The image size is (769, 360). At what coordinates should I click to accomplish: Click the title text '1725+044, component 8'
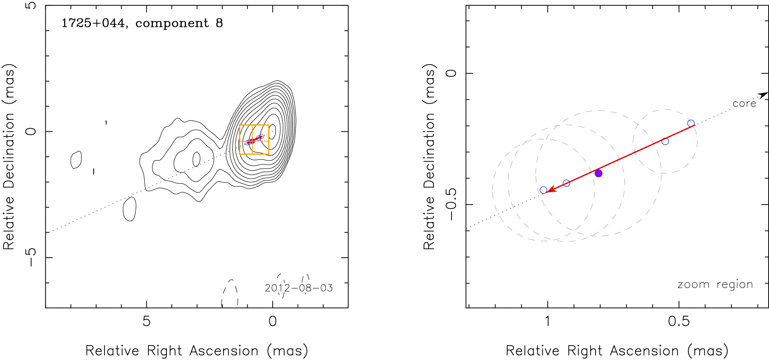tap(142, 23)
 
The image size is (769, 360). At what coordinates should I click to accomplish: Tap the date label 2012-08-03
tap(299, 288)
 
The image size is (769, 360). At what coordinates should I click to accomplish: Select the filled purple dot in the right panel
tap(598, 173)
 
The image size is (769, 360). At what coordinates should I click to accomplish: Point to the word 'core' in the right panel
tap(744, 104)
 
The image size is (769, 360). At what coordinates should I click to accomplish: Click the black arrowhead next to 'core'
tap(763, 94)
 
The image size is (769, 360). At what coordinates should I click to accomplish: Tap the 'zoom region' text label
tap(715, 284)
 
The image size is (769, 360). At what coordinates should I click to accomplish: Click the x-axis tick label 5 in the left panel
tap(146, 321)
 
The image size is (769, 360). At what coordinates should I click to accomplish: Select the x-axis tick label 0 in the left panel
tap(272, 321)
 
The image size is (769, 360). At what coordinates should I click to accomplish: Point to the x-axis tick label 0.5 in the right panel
tap(679, 321)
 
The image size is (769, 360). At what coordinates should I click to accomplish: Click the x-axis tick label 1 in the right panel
tap(547, 321)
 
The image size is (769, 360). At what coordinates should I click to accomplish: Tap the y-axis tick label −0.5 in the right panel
tap(451, 205)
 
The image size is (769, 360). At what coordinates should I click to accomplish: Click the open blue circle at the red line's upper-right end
tap(691, 124)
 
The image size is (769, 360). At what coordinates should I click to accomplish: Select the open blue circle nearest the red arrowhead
tap(543, 190)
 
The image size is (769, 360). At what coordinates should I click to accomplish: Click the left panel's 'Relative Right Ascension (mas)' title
tap(196, 351)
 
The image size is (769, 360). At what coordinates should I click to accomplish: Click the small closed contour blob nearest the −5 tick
tap(130, 209)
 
